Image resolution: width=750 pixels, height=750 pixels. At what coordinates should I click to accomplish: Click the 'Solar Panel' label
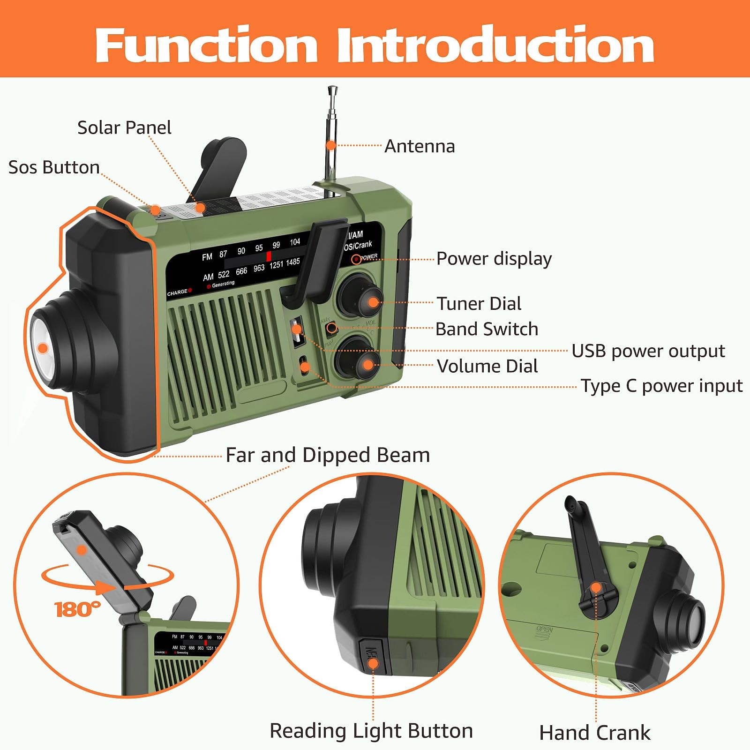tap(124, 127)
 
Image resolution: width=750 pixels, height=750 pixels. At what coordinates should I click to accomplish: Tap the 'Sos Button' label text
tap(54, 167)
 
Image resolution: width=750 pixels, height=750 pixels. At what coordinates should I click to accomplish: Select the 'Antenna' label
tap(420, 146)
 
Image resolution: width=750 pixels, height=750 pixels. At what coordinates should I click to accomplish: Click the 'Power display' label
tap(494, 259)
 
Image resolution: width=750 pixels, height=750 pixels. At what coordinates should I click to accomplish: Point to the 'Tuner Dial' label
tap(479, 304)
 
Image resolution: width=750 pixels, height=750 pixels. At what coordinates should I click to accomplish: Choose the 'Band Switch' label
tap(487, 329)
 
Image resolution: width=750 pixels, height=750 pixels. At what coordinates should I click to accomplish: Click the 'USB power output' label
tap(648, 351)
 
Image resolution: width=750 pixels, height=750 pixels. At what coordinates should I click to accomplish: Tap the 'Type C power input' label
tap(661, 386)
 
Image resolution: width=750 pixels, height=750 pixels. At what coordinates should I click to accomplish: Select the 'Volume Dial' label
tap(487, 366)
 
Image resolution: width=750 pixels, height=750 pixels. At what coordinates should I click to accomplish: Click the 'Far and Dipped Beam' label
tap(328, 455)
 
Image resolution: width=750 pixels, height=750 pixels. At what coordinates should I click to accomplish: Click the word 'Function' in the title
tap(206, 45)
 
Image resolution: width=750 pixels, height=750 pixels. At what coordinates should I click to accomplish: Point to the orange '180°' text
tap(77, 609)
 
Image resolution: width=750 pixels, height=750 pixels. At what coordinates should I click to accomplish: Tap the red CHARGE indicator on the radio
tap(190, 291)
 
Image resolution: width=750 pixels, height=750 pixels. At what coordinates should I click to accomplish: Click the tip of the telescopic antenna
tap(333, 89)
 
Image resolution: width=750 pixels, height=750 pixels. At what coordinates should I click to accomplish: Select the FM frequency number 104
tap(295, 242)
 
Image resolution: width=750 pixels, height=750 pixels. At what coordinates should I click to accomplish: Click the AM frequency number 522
tap(224, 275)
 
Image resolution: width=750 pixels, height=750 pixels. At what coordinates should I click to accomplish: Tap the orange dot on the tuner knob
tap(373, 302)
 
